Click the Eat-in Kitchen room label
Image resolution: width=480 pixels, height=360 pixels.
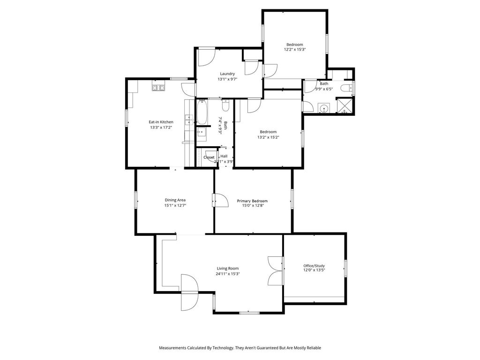click(161, 122)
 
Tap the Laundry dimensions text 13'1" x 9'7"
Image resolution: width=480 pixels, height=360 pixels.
click(227, 79)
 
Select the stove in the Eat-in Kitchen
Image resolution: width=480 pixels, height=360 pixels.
click(158, 88)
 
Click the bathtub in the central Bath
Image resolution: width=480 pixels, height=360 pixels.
click(202, 112)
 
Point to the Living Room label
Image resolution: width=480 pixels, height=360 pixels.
click(228, 269)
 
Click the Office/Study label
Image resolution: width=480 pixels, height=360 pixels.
click(314, 266)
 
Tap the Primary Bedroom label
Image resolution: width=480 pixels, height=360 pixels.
click(252, 201)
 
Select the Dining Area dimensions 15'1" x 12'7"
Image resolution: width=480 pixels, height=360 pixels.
click(175, 205)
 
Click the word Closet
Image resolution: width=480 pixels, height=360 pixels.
click(209, 157)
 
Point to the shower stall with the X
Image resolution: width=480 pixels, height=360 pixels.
click(345, 105)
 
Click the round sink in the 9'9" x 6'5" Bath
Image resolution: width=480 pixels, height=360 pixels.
click(323, 108)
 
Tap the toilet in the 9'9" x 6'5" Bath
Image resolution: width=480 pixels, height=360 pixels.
click(348, 88)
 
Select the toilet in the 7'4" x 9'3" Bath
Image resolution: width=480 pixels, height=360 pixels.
click(225, 105)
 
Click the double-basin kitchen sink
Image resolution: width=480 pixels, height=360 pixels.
click(189, 120)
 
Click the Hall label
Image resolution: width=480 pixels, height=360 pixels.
click(224, 156)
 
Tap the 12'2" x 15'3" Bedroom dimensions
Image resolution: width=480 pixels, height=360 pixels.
click(295, 49)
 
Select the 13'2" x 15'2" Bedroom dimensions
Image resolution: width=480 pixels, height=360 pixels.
click(268, 137)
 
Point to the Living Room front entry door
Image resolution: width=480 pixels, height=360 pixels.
click(190, 292)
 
